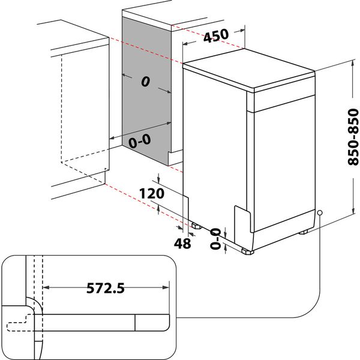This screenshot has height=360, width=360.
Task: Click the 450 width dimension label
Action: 215,36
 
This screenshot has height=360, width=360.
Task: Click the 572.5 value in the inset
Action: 101,289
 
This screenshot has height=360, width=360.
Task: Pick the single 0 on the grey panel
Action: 145,82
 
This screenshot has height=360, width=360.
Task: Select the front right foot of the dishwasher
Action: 248,251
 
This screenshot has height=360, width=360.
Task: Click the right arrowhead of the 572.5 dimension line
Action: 167,288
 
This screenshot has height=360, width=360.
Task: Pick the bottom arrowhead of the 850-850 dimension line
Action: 350,216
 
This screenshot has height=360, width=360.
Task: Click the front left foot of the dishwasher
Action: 196,226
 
